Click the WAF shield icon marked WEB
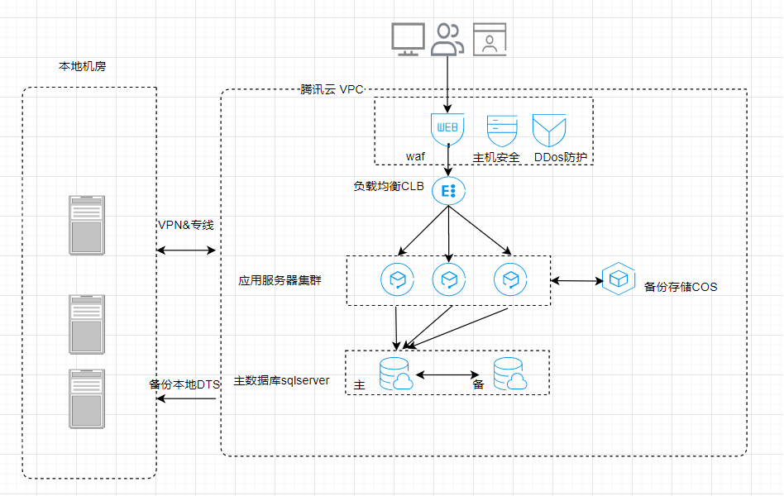click(x=447, y=129)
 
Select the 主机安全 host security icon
click(x=502, y=131)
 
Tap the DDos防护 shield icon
click(x=549, y=130)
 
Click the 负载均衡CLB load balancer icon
click(x=448, y=190)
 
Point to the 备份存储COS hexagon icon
click(x=619, y=279)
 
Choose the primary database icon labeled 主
click(x=396, y=374)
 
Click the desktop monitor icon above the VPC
click(x=408, y=39)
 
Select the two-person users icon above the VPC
click(x=447, y=39)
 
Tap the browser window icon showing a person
click(x=490, y=39)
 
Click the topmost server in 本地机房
click(x=87, y=225)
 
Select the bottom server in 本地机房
click(x=87, y=398)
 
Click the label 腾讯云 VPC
click(x=332, y=89)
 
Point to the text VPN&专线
click(x=186, y=225)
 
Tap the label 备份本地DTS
click(x=184, y=384)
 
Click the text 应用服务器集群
click(x=280, y=280)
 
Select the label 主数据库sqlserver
click(x=281, y=380)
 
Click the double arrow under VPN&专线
click(x=186, y=250)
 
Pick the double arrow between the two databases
click(x=448, y=374)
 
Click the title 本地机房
click(x=83, y=66)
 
